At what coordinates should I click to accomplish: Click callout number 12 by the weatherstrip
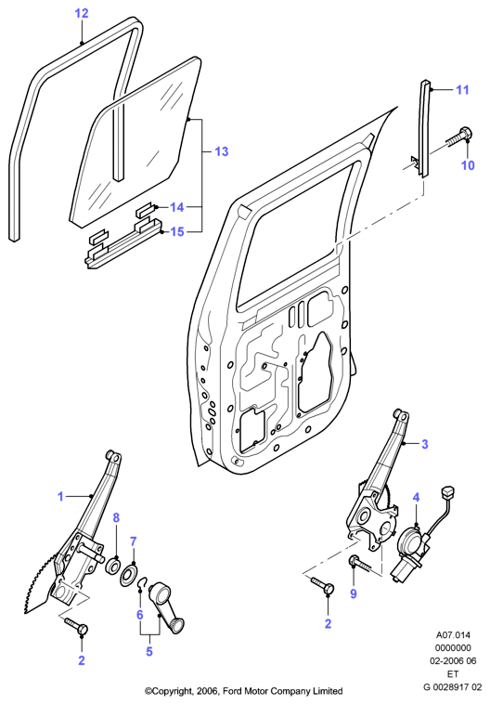[82, 14]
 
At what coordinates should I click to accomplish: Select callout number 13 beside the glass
[222, 151]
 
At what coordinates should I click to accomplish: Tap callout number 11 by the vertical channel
[462, 90]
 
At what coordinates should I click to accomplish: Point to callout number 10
[468, 165]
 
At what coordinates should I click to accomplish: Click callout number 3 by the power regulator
[425, 444]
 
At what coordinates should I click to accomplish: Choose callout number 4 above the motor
[417, 498]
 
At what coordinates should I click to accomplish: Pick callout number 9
[354, 593]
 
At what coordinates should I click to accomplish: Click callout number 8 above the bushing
[116, 517]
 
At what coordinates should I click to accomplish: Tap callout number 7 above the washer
[134, 541]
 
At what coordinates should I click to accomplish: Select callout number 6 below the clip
[139, 614]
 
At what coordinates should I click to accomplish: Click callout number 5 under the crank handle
[149, 651]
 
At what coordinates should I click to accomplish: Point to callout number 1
[61, 497]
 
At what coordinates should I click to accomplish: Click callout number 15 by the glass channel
[177, 231]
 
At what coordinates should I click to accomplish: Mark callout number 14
[177, 207]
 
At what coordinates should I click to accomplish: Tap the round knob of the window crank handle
[177, 625]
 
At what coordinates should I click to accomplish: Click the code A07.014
[453, 635]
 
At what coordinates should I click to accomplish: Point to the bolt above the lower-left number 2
[77, 626]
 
